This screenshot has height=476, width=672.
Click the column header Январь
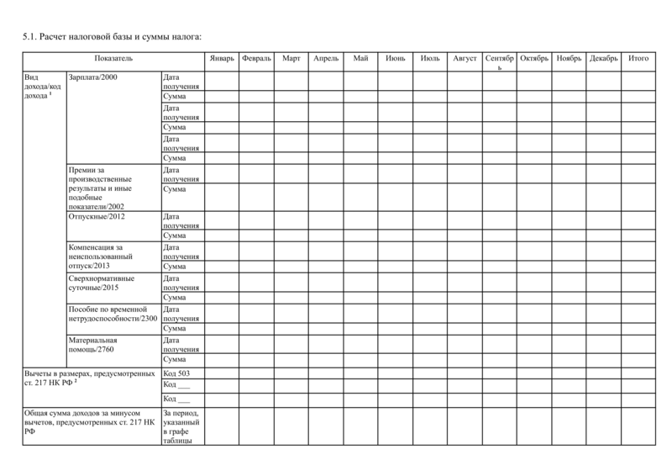[x=221, y=58]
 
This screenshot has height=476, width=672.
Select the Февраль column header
[x=255, y=58]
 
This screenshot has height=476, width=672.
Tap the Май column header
[x=361, y=58]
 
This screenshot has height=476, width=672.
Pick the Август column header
[x=465, y=58]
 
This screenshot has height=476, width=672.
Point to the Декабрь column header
[x=604, y=58]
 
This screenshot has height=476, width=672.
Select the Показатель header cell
[x=113, y=58]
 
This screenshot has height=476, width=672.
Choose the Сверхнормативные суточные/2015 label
[x=101, y=283]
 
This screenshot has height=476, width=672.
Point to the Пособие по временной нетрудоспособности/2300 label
[x=113, y=314]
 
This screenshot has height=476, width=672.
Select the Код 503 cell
[x=176, y=373]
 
